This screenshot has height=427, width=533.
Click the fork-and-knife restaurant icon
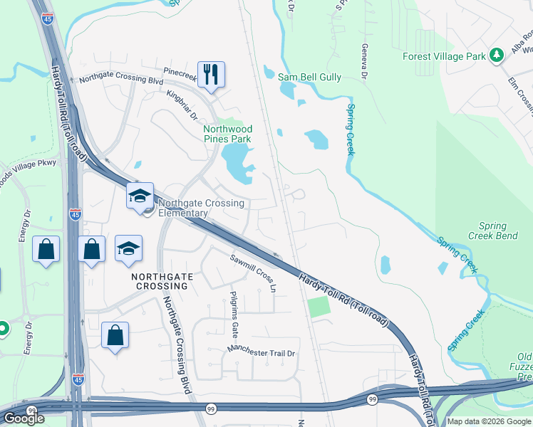pyautogui.click(x=210, y=74)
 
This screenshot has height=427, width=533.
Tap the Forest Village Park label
pyautogui.click(x=443, y=56)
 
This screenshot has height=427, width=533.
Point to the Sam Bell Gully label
pyautogui.click(x=310, y=77)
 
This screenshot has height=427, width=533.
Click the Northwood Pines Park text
pyautogui.click(x=228, y=134)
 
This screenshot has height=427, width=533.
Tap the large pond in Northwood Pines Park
pyautogui.click(x=237, y=163)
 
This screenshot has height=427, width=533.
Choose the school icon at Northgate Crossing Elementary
pyautogui.click(x=140, y=196)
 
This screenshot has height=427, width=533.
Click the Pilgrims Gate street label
pyautogui.click(x=234, y=314)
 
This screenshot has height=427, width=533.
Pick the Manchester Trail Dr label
pyautogui.click(x=261, y=352)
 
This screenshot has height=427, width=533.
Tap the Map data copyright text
pyautogui.click(x=488, y=421)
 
